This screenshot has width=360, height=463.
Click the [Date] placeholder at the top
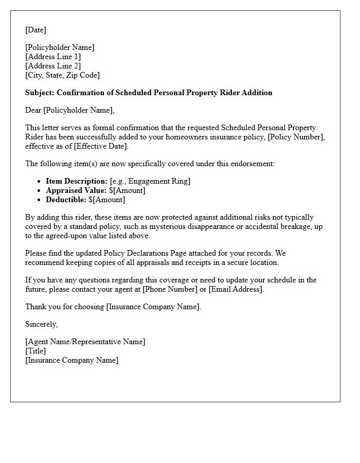tap(35, 30)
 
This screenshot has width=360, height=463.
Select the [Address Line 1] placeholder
tap(53, 57)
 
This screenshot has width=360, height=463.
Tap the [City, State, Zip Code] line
tap(62, 75)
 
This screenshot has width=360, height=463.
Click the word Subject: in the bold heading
tap(40, 93)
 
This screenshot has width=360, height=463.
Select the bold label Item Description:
tap(77, 181)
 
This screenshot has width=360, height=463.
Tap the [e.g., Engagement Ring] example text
tap(150, 181)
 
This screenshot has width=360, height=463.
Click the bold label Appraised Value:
tap(76, 190)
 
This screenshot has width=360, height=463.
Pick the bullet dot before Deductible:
tap(40, 200)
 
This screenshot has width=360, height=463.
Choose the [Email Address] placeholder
tap(236, 289)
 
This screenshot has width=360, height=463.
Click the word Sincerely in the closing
tap(41, 324)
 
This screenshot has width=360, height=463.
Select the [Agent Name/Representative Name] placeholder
tap(85, 342)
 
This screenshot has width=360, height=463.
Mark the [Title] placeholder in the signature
tap(35, 351)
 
